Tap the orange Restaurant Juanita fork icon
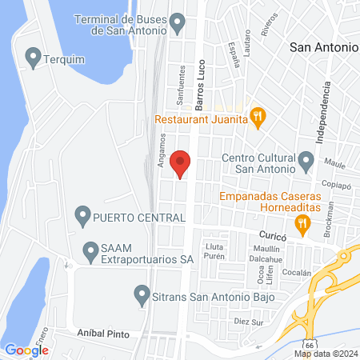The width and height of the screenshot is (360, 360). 258,119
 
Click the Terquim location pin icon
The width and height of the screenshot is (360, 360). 33,58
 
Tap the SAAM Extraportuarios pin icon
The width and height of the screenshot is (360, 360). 88,250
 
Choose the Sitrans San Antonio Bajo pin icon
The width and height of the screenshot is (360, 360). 142,294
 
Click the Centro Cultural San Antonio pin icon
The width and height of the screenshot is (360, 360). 306,162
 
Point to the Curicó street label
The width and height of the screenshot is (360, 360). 273,236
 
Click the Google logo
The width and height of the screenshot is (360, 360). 26,350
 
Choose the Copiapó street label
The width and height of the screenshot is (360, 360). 337,183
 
